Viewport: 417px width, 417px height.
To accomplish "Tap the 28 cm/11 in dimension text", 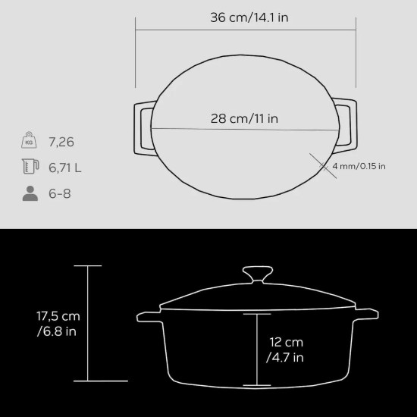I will coord(245,118).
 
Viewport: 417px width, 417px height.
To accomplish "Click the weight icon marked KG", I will coord(30,142).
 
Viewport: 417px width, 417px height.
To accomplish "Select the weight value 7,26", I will coord(62,143).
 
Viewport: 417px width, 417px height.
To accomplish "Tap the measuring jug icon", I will coord(30,168).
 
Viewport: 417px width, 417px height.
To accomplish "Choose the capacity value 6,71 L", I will coord(66,168).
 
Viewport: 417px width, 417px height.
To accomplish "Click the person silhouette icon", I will coord(30,193).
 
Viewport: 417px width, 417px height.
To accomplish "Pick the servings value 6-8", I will coord(59,193).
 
